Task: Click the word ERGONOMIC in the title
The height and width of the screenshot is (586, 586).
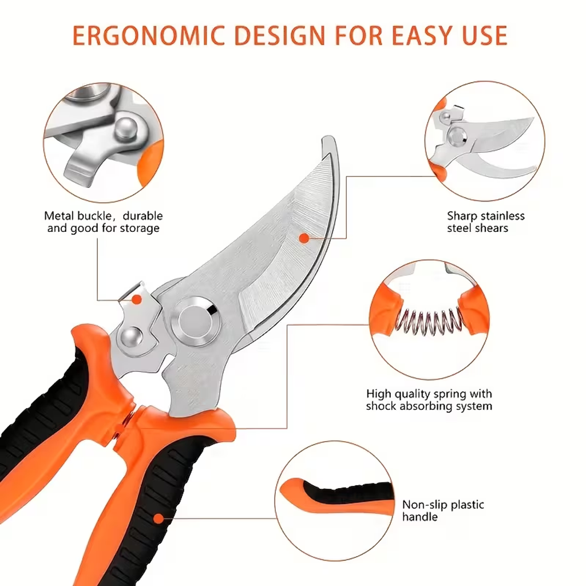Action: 148,35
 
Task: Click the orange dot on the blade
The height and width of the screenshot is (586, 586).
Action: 304,237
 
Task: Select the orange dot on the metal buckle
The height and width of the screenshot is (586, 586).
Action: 137,299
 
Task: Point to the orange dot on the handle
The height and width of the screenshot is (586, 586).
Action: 159,518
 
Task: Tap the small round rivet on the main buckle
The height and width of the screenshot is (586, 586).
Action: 132,337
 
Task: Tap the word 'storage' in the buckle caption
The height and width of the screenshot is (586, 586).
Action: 140,229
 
